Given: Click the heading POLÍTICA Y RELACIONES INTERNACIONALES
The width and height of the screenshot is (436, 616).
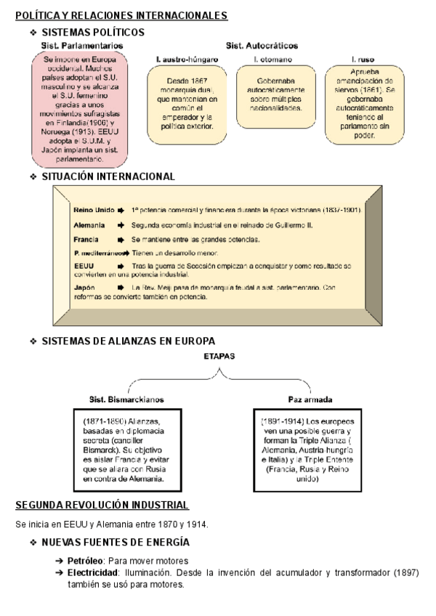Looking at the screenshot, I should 121,15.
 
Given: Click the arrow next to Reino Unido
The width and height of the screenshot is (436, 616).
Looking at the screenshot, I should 123,210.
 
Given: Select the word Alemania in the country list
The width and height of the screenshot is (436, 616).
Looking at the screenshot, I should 90,225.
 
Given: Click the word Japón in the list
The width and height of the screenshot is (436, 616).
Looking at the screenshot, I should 84,288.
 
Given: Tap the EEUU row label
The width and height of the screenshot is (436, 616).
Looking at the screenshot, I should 84,267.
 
